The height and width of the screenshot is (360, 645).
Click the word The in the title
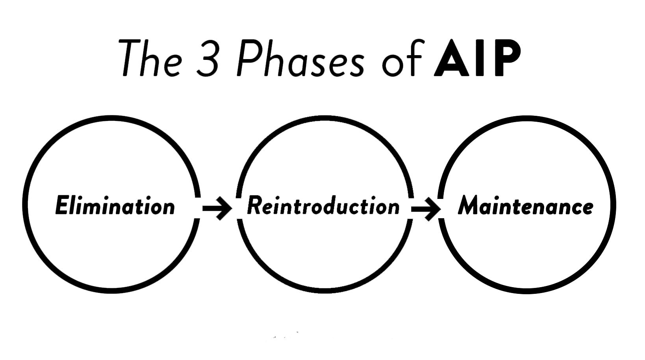coord(151,58)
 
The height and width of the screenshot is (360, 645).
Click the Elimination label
coord(115,206)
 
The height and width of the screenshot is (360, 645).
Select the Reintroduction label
coord(323,206)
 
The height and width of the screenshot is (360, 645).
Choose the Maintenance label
coord(525,206)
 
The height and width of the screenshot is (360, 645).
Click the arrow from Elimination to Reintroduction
coord(217,208)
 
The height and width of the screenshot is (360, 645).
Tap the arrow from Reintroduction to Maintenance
coord(426,208)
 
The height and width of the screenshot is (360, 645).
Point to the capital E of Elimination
coord(62,206)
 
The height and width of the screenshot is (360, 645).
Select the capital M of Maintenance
coord(469,206)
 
